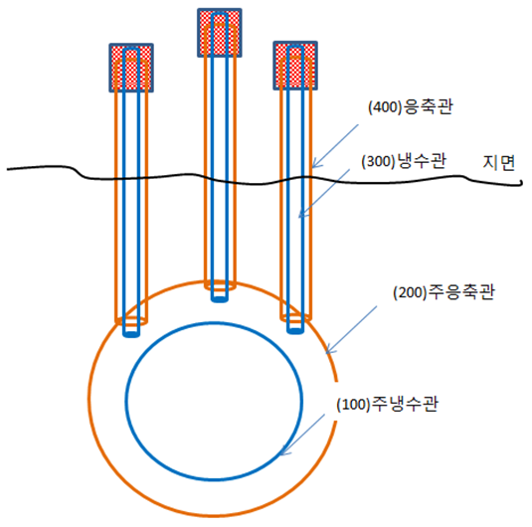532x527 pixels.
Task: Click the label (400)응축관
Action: click(411, 107)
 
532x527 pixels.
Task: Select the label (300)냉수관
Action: click(404, 161)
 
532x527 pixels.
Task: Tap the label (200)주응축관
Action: click(443, 292)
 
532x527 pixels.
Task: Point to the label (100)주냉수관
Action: click(387, 404)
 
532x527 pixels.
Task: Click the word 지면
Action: click(499, 163)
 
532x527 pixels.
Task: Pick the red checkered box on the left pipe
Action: click(131, 68)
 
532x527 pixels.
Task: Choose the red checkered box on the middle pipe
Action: click(220, 33)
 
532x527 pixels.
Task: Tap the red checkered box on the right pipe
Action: click(295, 66)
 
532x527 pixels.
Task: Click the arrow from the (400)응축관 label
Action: click(335, 146)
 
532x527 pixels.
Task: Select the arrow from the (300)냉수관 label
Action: click(324, 194)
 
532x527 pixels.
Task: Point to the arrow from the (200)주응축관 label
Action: click(351, 329)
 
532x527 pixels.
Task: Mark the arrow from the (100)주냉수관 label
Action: click(302, 435)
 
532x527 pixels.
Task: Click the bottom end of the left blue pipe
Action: click(131, 335)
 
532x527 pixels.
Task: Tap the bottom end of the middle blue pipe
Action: click(220, 299)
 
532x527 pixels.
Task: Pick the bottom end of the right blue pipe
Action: click(295, 331)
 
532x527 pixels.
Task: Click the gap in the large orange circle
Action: click(336, 401)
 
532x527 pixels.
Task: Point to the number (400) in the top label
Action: click(385, 107)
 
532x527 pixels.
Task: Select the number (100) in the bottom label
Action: click(353, 405)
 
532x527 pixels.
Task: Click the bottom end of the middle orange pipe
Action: click(220, 287)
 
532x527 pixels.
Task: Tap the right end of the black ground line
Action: click(521, 184)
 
